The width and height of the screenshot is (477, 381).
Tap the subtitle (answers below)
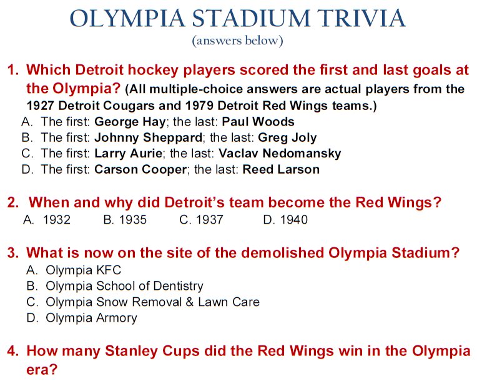pos(238,41)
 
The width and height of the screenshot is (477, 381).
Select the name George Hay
pos(130,122)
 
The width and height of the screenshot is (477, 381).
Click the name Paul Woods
pos(258,121)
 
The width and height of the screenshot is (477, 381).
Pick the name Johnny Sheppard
pos(148,137)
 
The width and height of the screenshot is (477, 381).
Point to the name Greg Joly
pos(287,137)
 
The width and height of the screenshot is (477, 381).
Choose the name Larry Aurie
pos(129,153)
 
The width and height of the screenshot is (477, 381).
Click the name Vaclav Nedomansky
pos(280,154)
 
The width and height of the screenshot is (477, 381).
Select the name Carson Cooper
pos(140,169)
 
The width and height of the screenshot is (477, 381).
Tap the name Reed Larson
pos(281,169)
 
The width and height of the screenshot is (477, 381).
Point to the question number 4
pos(13,351)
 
